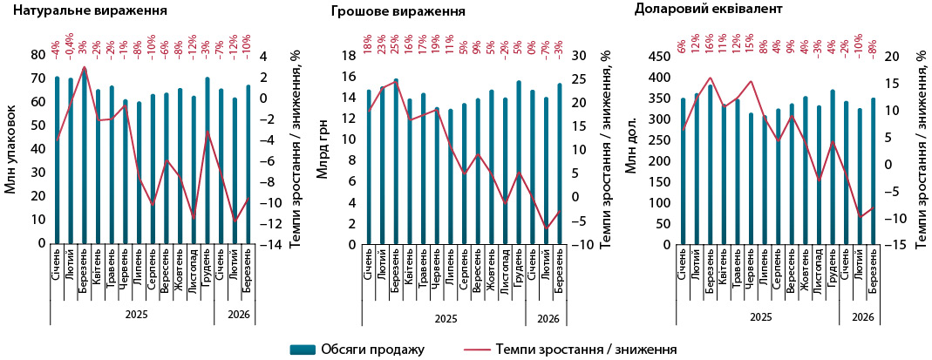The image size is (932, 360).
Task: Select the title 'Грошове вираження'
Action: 398,12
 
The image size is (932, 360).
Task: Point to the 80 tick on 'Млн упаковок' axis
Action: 38,55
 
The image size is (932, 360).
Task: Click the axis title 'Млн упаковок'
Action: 10,149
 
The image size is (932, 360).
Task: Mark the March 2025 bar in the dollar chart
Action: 711,166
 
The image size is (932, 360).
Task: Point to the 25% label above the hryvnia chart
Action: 395,41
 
